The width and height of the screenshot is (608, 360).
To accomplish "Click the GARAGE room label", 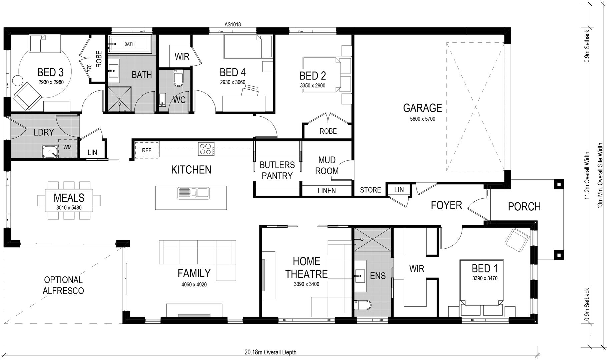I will (x=422, y=108).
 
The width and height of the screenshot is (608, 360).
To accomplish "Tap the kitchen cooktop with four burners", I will (x=206, y=149).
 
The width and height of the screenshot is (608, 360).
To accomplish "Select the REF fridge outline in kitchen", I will (x=147, y=150).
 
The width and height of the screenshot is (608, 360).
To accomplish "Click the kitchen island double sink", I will (x=193, y=193).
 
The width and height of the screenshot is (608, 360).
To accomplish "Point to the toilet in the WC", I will (x=179, y=77).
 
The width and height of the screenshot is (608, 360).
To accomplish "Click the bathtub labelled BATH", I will (x=129, y=44).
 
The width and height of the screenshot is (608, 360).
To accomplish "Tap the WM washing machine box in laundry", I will (x=68, y=147).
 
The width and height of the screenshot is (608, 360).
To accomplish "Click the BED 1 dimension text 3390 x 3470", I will (x=485, y=278).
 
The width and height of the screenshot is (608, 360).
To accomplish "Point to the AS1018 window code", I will (x=232, y=24).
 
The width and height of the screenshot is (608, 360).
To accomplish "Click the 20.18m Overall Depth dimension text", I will (x=270, y=352).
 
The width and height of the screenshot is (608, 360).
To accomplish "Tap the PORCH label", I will (x=524, y=207).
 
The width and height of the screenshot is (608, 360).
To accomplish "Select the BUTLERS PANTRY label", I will (x=277, y=170).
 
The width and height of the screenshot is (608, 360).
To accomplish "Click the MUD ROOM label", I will (x=327, y=166).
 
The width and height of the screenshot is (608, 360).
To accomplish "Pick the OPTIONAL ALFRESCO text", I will (x=63, y=285).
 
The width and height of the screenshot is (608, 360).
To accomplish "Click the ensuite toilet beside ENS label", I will (x=363, y=305).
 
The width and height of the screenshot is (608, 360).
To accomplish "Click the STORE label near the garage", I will (x=370, y=190).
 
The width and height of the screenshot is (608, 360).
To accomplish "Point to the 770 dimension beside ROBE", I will (x=89, y=69).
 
